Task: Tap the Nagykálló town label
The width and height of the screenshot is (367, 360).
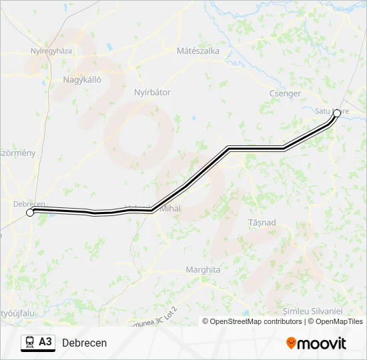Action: click(81, 79)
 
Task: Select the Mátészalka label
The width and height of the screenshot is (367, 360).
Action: click(198, 51)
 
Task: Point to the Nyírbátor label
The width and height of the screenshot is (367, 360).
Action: click(152, 92)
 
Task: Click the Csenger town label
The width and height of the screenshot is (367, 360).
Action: click(285, 93)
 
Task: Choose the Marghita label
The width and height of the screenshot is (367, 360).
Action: click(203, 270)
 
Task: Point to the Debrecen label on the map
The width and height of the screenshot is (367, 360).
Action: click(29, 203)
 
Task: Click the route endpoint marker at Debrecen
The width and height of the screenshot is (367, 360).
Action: click(29, 213)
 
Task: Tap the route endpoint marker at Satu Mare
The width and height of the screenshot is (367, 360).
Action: click(337, 113)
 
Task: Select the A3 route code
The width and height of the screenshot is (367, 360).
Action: click(45, 342)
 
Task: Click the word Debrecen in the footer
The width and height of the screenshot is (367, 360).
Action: click(84, 343)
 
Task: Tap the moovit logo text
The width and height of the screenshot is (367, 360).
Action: click(322, 343)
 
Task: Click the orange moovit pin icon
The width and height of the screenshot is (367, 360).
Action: click(291, 343)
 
